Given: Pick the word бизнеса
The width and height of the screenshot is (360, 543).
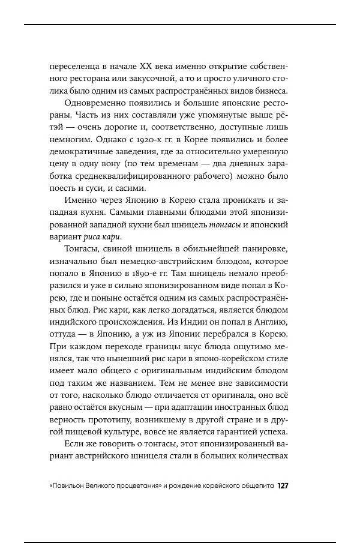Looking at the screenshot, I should coord(272,91).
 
